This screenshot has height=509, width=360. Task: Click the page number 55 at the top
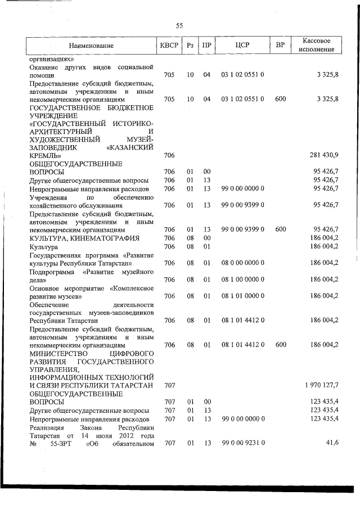click(x=179, y=25)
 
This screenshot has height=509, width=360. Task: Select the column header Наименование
click(x=92, y=45)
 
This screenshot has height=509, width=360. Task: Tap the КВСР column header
click(x=167, y=45)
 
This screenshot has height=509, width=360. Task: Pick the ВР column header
click(x=280, y=45)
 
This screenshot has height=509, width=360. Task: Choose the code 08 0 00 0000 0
click(x=243, y=263)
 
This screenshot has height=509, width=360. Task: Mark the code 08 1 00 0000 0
click(x=243, y=279)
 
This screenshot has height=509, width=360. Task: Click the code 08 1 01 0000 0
click(x=243, y=296)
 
